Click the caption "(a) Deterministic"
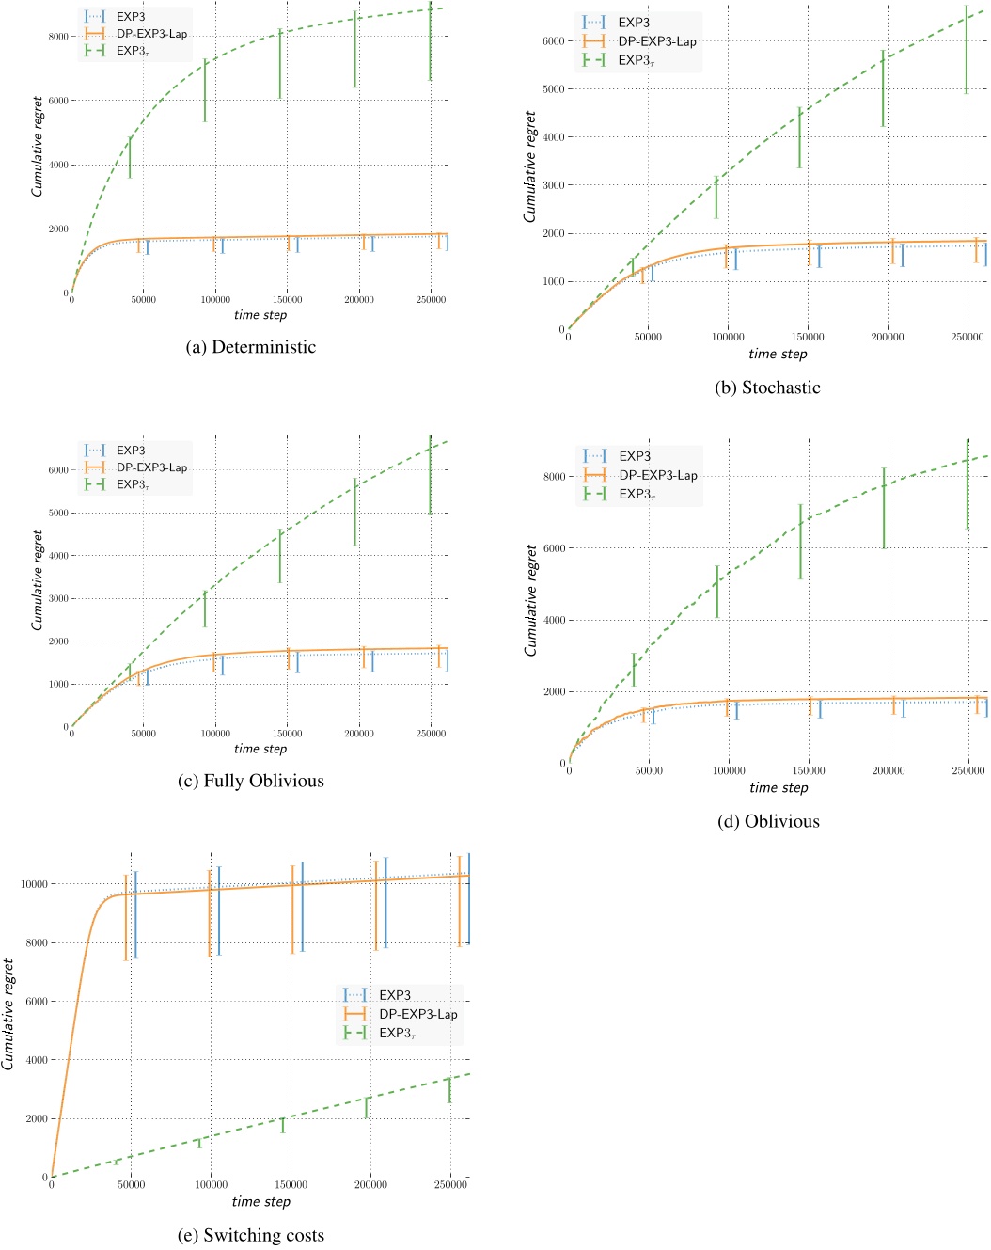click(x=251, y=347)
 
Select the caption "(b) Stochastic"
click(x=767, y=388)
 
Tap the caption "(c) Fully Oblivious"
click(x=250, y=781)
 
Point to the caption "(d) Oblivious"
click(x=768, y=821)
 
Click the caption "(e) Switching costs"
click(x=250, y=1235)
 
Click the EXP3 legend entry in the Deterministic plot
click(x=131, y=17)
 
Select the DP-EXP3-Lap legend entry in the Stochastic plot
click(x=656, y=41)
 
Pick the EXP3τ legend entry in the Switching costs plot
click(x=397, y=1033)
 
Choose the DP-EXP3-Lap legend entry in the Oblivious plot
click(x=657, y=475)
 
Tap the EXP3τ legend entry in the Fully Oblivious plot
click(x=133, y=484)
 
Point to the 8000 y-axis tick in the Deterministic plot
click(x=58, y=37)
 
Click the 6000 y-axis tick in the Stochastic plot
click(x=553, y=41)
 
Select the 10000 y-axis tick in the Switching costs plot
click(x=34, y=884)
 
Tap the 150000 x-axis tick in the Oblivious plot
click(x=809, y=770)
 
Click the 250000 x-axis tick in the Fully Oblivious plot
click(x=431, y=734)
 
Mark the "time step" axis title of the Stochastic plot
click(x=778, y=354)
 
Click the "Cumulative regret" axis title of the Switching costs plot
click(x=8, y=1014)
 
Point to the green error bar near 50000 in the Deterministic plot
click(x=130, y=157)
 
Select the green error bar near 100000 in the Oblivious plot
click(x=717, y=592)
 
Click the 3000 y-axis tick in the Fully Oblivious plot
click(x=58, y=599)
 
